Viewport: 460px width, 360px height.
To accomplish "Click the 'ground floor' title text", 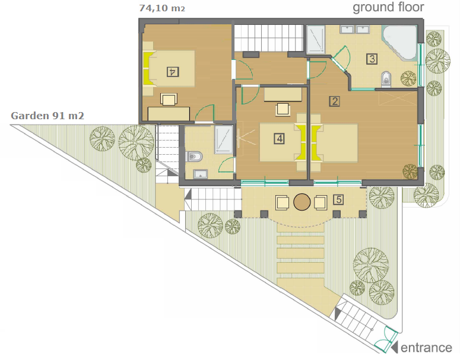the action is tap(388, 8).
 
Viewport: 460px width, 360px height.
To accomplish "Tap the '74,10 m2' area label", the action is tap(162, 8).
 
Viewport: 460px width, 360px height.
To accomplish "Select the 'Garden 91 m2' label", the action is tap(47, 116).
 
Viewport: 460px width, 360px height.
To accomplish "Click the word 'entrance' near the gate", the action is tap(426, 348).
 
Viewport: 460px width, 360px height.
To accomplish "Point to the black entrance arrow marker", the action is tap(395, 347).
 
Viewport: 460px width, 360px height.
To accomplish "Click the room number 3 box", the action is tap(372, 59).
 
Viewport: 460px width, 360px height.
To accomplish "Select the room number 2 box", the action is tap(334, 101).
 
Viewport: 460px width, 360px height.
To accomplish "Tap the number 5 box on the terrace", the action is tap(338, 200).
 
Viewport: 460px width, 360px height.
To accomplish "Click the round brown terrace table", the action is tap(302, 202).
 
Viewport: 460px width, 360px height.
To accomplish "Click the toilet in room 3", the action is tap(386, 78).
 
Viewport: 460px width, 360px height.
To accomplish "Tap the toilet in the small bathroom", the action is tap(194, 156).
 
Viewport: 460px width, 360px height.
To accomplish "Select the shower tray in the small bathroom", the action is tap(224, 139).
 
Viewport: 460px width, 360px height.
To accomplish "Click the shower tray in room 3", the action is tap(316, 40).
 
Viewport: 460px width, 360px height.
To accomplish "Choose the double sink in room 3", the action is tap(355, 30).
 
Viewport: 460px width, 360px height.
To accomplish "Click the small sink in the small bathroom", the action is tap(201, 174).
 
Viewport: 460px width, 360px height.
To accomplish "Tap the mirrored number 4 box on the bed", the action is tap(173, 72).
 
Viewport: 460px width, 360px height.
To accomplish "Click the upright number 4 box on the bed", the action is tap(280, 138).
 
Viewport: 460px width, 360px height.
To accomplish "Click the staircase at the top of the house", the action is tap(268, 38).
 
